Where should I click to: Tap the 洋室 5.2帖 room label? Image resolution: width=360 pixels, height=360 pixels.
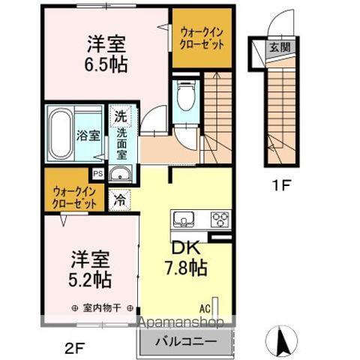click(x=91, y=270)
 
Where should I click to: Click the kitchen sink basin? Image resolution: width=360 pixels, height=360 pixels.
click(x=184, y=219)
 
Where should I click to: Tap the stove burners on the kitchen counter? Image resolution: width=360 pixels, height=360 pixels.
click(x=220, y=219)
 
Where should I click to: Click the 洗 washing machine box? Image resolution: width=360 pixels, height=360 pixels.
click(x=119, y=116)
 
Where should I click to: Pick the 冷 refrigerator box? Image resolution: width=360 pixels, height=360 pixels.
click(x=120, y=200)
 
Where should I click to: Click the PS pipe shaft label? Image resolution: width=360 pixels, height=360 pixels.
click(x=97, y=173)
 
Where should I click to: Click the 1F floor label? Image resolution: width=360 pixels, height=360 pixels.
click(x=281, y=184)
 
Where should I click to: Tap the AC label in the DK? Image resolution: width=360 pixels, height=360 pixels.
click(x=204, y=307)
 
